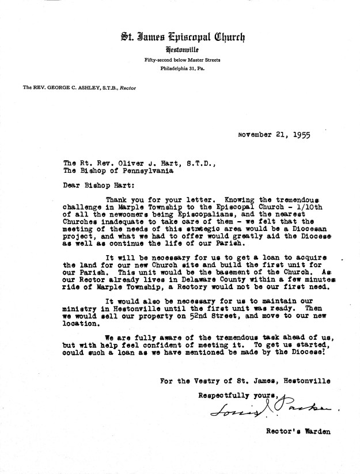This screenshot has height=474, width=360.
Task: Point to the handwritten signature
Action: [271, 409]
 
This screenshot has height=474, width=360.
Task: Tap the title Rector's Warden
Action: [294, 430]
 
